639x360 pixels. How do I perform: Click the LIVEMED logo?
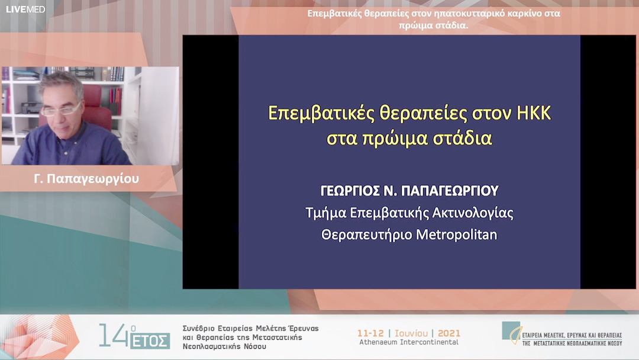pos(25,9)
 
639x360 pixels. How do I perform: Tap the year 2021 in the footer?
pos(449,333)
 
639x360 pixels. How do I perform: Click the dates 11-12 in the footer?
pos(371,333)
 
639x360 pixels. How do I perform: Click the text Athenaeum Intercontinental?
pos(409,342)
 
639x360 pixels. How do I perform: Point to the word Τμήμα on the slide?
pos(323,213)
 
